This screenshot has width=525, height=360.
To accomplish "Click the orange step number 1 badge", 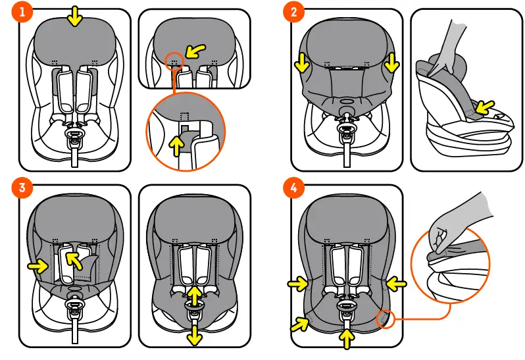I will tap(22, 12).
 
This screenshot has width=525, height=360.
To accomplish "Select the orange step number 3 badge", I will tap(22, 188).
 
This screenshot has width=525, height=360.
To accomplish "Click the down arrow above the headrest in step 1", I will tap(75, 18).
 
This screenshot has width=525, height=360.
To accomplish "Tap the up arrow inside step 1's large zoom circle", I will tap(176, 145).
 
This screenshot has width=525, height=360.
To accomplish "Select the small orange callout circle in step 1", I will tap(174, 61).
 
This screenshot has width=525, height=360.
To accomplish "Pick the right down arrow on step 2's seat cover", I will tap(392, 63).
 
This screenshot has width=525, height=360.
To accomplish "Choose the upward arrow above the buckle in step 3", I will tap(195, 292).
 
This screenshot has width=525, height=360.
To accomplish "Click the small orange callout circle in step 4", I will tap(384, 320).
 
